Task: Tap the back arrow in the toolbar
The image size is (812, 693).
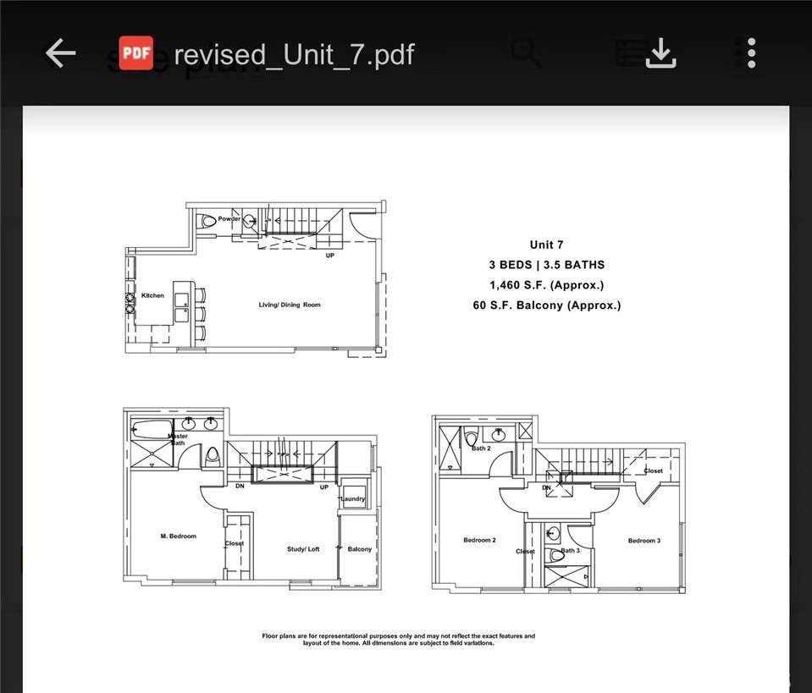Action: click(60, 54)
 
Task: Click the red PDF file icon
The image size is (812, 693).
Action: click(135, 54)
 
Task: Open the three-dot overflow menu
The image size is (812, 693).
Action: click(750, 54)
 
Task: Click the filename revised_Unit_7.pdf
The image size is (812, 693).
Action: click(294, 55)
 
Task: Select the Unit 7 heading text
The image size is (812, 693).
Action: click(546, 245)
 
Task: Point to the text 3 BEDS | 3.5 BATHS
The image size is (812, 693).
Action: click(546, 265)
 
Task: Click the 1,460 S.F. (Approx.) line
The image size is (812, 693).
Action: click(546, 285)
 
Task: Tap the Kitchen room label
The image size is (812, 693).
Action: click(152, 295)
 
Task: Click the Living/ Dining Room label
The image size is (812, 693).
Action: click(290, 305)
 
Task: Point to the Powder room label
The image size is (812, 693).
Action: click(229, 219)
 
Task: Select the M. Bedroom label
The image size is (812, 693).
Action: click(178, 536)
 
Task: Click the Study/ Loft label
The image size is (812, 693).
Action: click(303, 549)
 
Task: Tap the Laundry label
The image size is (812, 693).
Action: click(352, 499)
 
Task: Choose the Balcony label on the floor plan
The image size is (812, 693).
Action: click(359, 549)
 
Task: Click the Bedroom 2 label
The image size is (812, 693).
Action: click(479, 540)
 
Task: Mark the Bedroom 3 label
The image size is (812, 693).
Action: click(644, 540)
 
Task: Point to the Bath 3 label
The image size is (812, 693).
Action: click(570, 551)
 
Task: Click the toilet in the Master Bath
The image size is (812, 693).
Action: click(212, 455)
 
